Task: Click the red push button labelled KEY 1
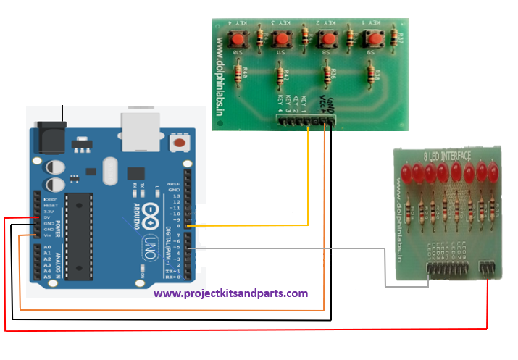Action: click(x=375, y=38)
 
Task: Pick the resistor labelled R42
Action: click(x=280, y=75)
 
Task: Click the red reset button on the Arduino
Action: click(x=177, y=143)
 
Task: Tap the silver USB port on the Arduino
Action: click(x=140, y=130)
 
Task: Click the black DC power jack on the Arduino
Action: click(x=51, y=135)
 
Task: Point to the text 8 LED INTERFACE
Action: click(x=447, y=155)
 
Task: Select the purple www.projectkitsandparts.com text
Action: click(x=230, y=293)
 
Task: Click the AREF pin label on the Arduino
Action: click(x=174, y=183)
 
